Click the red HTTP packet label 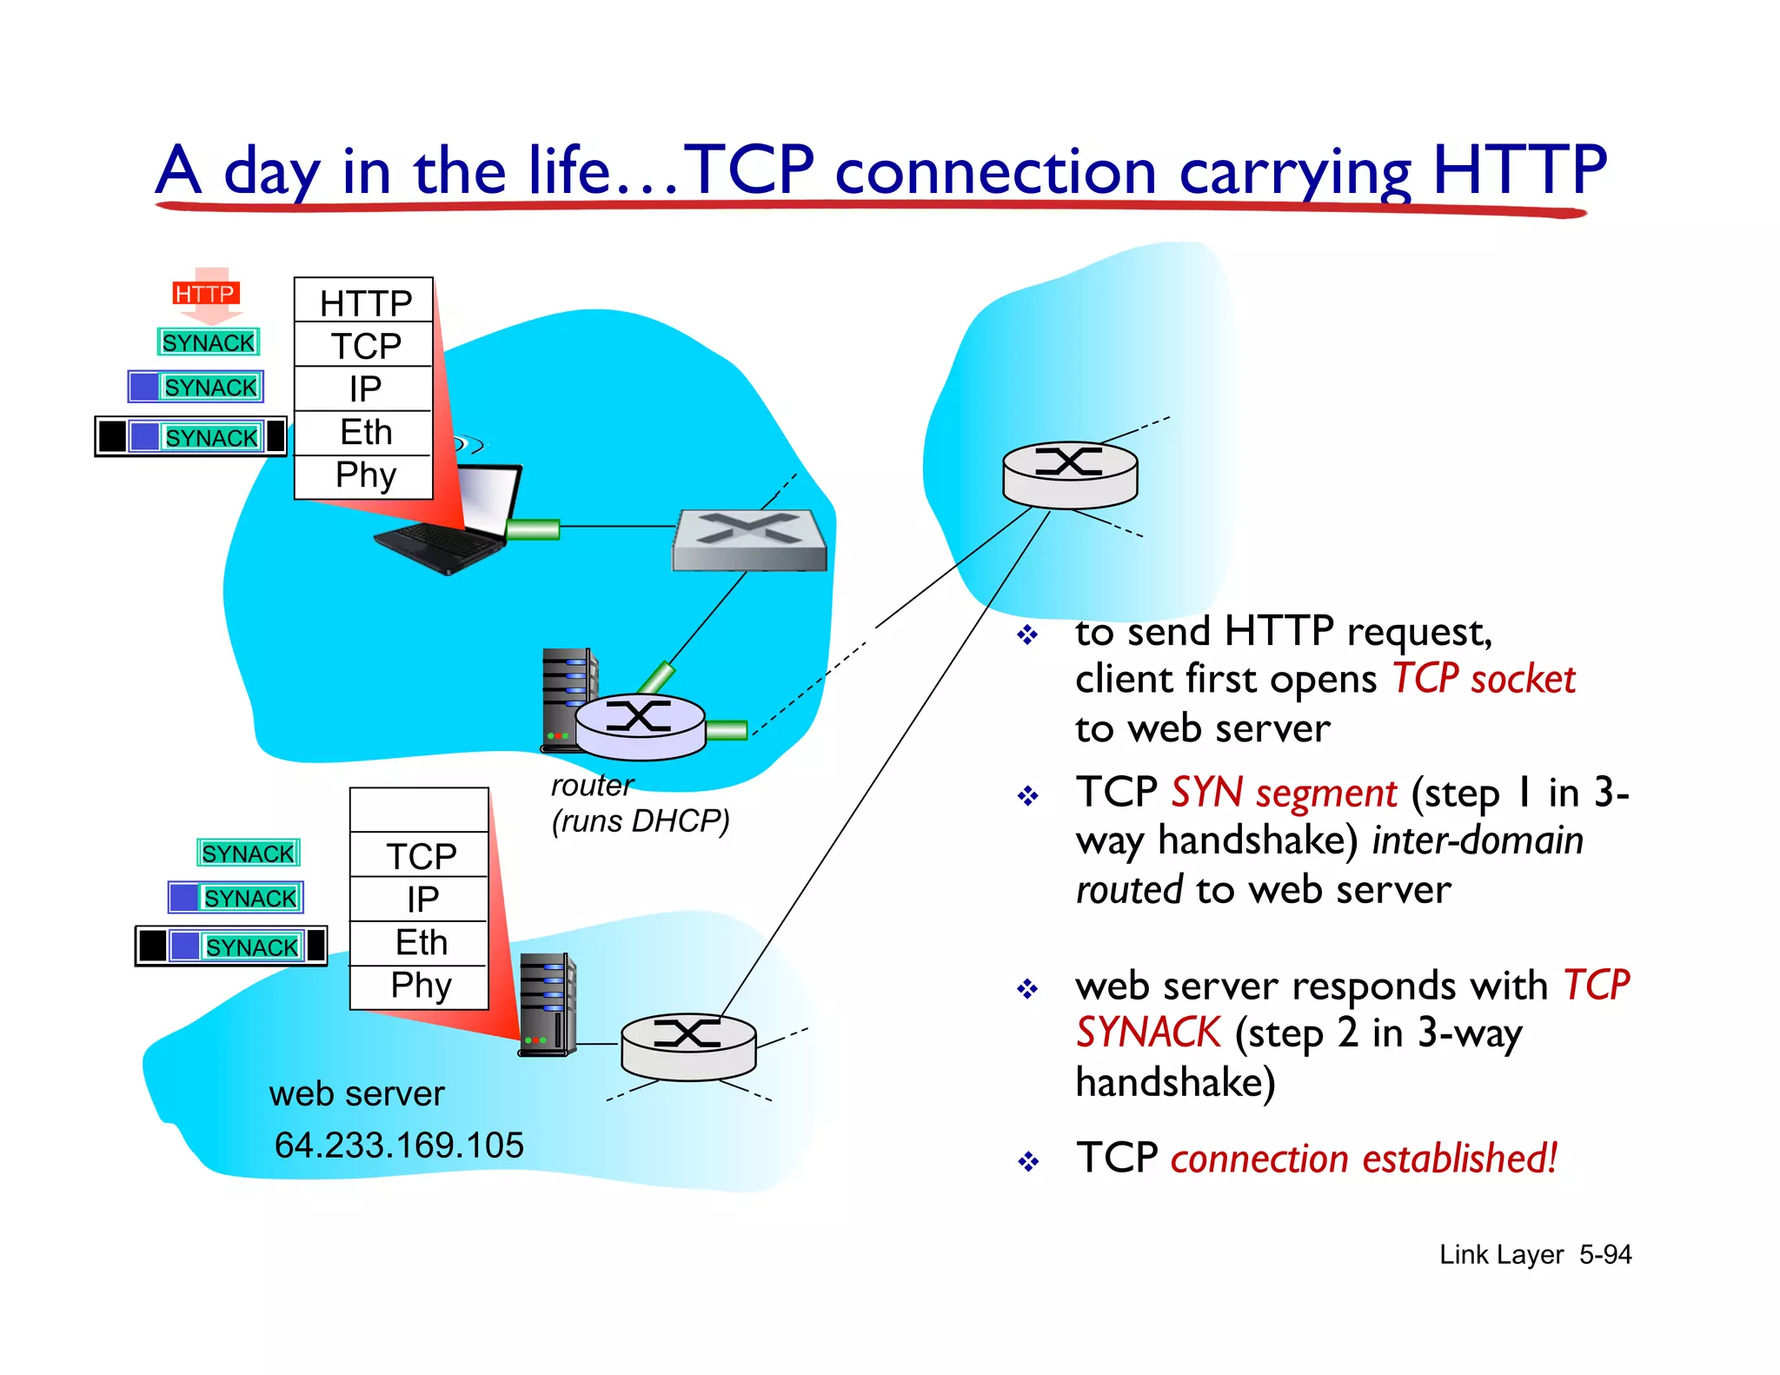click(205, 294)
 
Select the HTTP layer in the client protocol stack click(365, 302)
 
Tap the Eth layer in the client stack click(365, 432)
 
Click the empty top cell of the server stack click(419, 810)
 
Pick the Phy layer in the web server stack click(421, 986)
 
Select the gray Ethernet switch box click(749, 541)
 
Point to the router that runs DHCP click(641, 726)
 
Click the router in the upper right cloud click(1070, 474)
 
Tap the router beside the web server click(687, 1046)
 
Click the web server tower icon click(547, 1004)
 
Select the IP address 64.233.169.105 click(399, 1145)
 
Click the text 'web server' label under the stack click(356, 1093)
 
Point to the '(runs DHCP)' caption click(641, 820)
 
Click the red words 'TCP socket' click(1483, 679)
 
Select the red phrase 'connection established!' click(1363, 1159)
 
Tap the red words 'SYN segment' click(1283, 793)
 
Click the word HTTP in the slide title click(1518, 169)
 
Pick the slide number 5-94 click(1604, 1254)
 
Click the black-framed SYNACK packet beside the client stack click(191, 436)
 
